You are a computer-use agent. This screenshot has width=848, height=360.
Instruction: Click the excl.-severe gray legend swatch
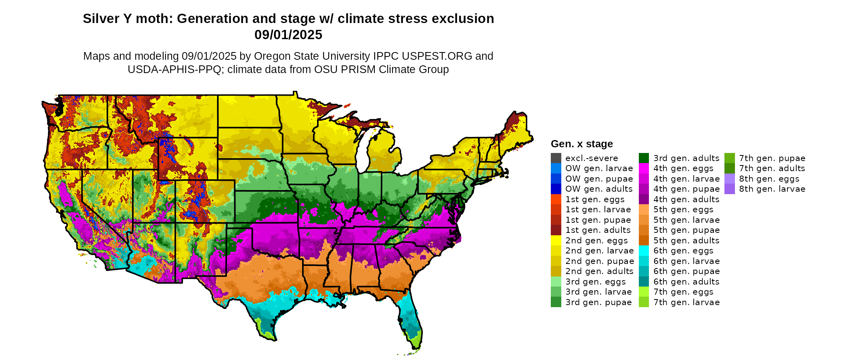(x=556, y=158)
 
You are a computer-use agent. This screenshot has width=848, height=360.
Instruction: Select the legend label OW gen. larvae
(x=599, y=168)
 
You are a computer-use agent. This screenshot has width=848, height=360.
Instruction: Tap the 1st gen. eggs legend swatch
(x=556, y=199)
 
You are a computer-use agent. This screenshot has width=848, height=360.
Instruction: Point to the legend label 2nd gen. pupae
(x=599, y=261)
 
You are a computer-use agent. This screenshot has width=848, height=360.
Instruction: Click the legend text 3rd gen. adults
(x=686, y=158)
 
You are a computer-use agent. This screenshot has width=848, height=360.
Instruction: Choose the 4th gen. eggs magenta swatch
(x=644, y=168)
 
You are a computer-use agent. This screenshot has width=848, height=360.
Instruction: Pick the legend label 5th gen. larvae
(x=686, y=220)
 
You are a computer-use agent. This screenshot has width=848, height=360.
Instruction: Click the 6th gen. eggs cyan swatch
(x=644, y=251)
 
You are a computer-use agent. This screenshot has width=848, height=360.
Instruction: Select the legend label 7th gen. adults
(x=772, y=168)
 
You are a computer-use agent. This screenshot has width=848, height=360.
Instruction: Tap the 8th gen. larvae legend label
(x=772, y=189)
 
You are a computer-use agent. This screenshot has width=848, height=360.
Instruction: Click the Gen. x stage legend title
(x=581, y=144)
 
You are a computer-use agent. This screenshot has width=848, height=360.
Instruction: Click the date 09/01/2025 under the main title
(x=288, y=35)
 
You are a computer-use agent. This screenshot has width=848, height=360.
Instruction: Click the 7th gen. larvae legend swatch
(x=644, y=302)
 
